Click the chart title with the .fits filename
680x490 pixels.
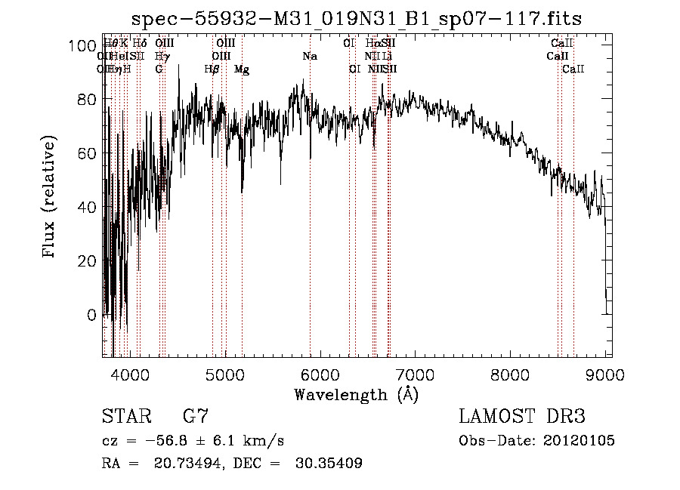tap(357, 18)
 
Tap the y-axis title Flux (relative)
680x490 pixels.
tap(51, 198)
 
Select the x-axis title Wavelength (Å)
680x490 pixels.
tap(356, 394)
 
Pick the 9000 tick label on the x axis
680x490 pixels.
tap(605, 373)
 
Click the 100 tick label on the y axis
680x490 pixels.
tap(83, 46)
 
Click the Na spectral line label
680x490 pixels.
tap(310, 57)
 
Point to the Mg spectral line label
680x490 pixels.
tap(242, 69)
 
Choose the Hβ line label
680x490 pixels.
tap(212, 69)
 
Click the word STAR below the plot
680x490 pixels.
tap(122, 416)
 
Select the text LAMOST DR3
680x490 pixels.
tap(522, 416)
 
